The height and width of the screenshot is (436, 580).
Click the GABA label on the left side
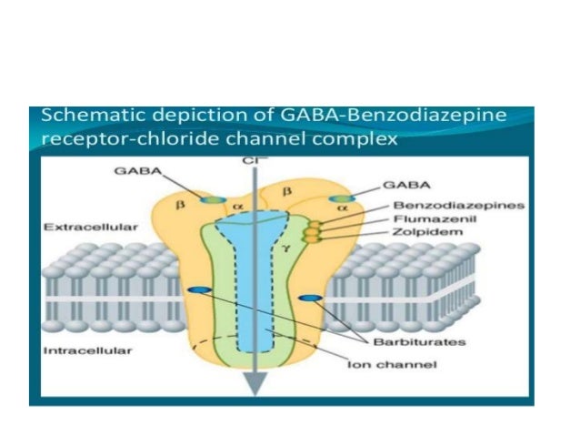pos(133,170)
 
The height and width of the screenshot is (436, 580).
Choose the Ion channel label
pos(401,365)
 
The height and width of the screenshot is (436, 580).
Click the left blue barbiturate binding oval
pos(195,290)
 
